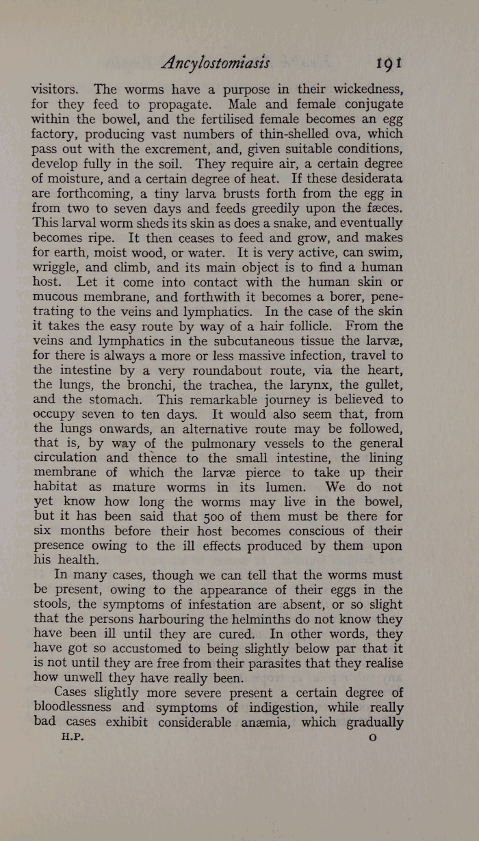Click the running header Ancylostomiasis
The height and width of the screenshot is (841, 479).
(216, 63)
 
